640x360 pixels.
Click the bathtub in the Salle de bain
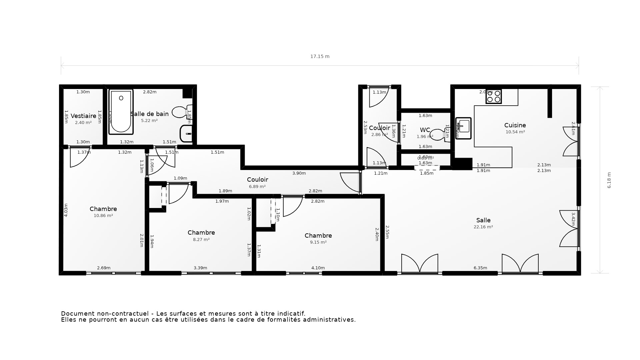click(x=121, y=112)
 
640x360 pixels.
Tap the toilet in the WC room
click(x=437, y=134)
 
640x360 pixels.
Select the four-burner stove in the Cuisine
click(x=494, y=96)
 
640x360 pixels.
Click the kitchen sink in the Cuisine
click(x=463, y=128)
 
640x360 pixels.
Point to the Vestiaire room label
click(x=83, y=116)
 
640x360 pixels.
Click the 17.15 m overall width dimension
click(x=320, y=56)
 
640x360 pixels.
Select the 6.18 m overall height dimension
click(x=609, y=180)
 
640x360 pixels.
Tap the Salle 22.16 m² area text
click(x=483, y=227)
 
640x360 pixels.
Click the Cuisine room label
click(x=515, y=125)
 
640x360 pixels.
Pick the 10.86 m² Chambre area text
click(x=103, y=216)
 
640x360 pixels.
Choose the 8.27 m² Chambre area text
click(x=201, y=239)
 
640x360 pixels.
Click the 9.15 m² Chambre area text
click(x=318, y=242)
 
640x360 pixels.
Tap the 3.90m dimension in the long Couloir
click(x=299, y=173)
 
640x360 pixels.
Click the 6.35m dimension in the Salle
click(x=480, y=268)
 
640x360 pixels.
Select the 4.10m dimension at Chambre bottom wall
click(x=318, y=268)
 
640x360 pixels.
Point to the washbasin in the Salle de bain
click(x=186, y=134)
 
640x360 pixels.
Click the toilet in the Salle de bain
click(x=181, y=112)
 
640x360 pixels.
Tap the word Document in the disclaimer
click(x=78, y=314)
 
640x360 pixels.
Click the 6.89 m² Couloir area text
click(x=257, y=187)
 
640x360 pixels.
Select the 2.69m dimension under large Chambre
click(x=104, y=268)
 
